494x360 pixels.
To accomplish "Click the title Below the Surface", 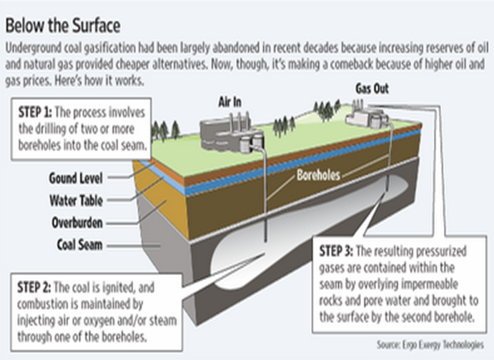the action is pyautogui.click(x=63, y=26).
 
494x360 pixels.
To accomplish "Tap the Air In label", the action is pyautogui.click(x=230, y=102).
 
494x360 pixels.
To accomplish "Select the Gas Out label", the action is pyautogui.click(x=372, y=89).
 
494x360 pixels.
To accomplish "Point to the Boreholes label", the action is pyautogui.click(x=319, y=175).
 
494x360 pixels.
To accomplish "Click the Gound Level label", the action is pyautogui.click(x=76, y=178).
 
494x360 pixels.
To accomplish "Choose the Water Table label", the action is pyautogui.click(x=76, y=201).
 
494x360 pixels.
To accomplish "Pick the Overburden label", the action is pyautogui.click(x=77, y=222).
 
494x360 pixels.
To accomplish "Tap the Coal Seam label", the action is pyautogui.click(x=79, y=244).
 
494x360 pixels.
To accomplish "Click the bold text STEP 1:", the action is pyautogui.click(x=35, y=112).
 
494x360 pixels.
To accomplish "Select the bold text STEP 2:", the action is pyautogui.click(x=34, y=287).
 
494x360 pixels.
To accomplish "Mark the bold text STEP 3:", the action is pyautogui.click(x=336, y=251).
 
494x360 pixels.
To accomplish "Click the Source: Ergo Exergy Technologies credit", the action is pyautogui.click(x=430, y=344).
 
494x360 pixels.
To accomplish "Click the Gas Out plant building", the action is pyautogui.click(x=367, y=116).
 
